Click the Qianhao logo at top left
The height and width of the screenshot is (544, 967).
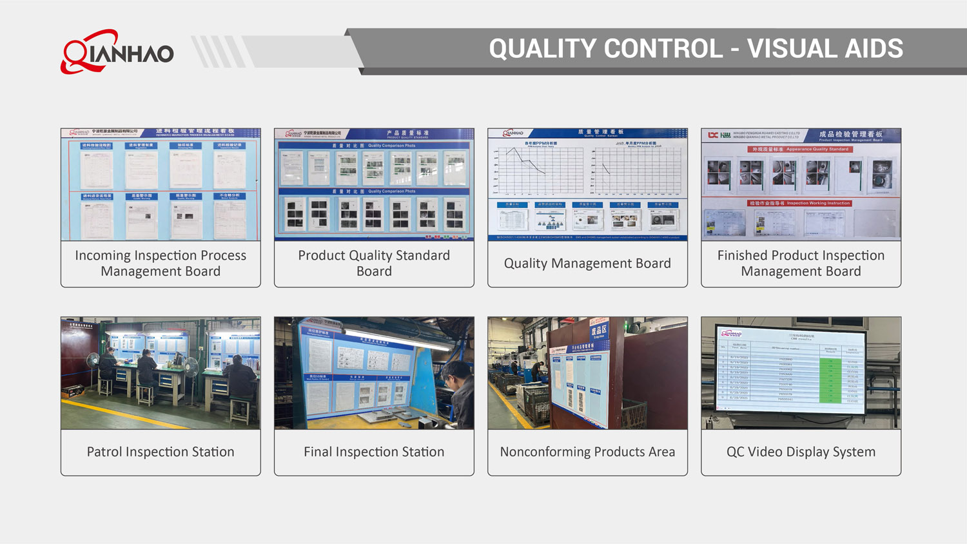point(117,52)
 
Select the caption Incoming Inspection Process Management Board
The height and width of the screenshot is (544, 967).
point(161,263)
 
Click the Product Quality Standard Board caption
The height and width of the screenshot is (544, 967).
point(374,263)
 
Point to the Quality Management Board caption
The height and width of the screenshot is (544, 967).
point(587,263)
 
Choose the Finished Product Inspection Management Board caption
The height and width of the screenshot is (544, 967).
point(801,263)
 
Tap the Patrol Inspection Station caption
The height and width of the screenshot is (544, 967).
point(161,452)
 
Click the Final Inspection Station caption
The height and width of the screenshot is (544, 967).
point(374,452)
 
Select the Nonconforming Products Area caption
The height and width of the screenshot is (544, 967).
point(587,452)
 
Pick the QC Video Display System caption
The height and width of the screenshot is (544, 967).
point(801,452)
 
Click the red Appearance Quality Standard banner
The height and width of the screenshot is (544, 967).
point(800,149)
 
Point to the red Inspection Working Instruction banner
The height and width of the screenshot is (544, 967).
point(800,203)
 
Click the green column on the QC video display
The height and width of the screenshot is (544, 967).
point(830,380)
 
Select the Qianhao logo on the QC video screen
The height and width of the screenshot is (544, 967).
point(732,334)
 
